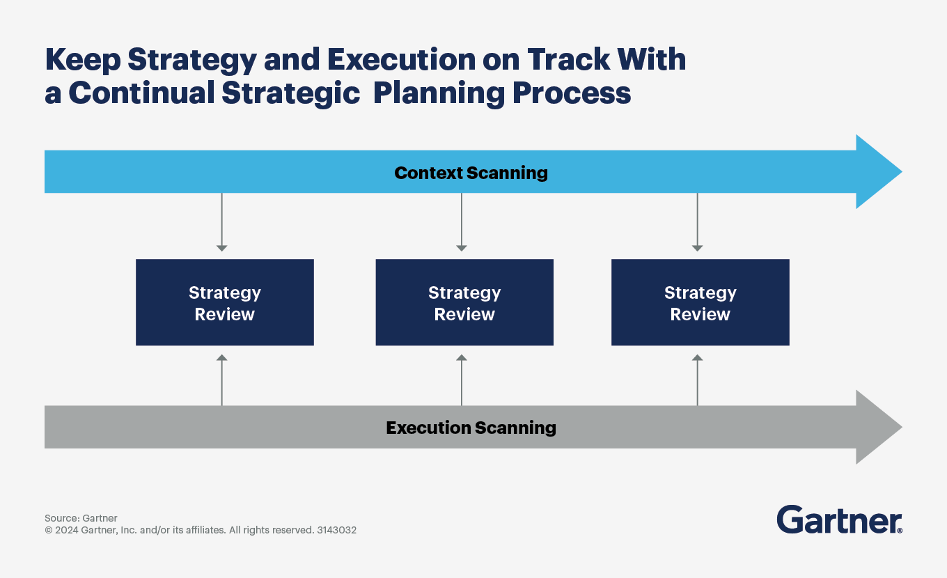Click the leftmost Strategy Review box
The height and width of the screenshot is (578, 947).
coord(224,303)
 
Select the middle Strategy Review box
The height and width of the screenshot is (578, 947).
coord(464,303)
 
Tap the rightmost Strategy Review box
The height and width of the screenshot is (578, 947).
coord(700,303)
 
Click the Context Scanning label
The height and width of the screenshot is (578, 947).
coord(471,173)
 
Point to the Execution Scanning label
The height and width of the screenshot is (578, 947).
coord(471,428)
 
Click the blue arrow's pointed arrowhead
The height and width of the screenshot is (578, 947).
coord(879,172)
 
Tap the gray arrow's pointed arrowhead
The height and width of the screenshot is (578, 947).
coord(879,427)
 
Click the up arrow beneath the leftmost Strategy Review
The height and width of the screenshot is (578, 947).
coord(221,380)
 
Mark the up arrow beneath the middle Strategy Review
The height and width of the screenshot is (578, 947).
coord(461,380)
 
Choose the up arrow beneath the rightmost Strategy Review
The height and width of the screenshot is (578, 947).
coord(697,380)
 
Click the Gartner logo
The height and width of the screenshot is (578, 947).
coord(839,520)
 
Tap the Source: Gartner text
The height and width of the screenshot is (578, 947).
coord(81,518)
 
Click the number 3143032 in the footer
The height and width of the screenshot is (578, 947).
coord(336,530)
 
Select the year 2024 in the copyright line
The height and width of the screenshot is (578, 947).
coord(67,530)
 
